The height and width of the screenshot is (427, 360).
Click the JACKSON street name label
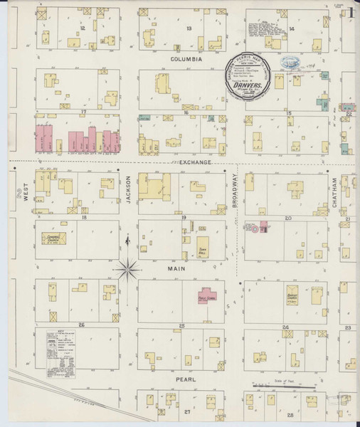(x=129, y=190)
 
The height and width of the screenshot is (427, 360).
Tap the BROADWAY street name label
(x=235, y=191)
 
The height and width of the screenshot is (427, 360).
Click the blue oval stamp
(x=290, y=63)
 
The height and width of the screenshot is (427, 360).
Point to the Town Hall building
(x=203, y=246)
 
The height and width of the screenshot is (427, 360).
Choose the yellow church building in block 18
(x=52, y=238)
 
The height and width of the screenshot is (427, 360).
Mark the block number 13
(x=189, y=28)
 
